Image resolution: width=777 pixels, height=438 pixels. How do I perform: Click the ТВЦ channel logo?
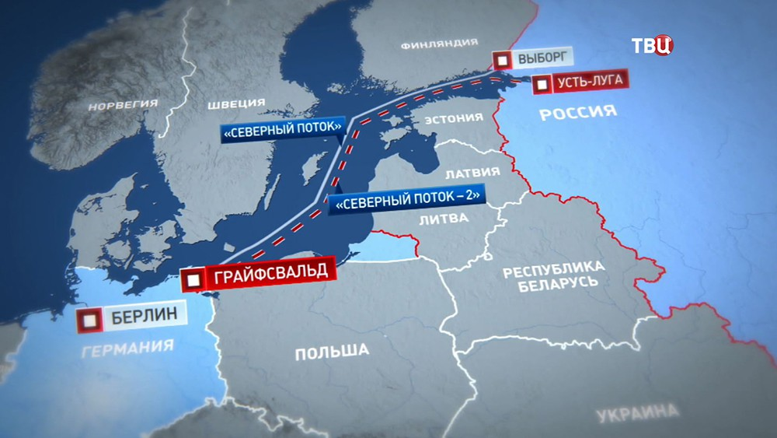(x=652, y=45)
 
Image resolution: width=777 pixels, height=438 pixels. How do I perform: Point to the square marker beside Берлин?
(x=92, y=318)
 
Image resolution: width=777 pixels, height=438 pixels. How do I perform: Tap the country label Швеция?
(x=237, y=103)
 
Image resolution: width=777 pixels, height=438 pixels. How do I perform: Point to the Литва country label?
(x=444, y=219)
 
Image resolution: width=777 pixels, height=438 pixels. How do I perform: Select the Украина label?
(x=638, y=411)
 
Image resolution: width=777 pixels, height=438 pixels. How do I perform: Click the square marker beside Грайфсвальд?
(x=195, y=277)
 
